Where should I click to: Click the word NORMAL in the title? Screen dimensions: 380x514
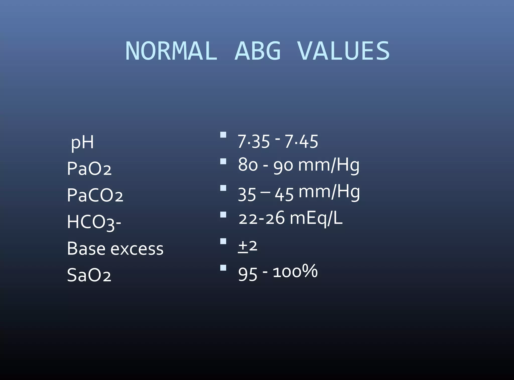171,51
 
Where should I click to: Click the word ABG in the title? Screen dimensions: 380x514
258,51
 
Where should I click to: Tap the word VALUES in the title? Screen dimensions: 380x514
343,51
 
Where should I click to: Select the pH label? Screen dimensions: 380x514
82,143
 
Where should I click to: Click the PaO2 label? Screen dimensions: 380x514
89,168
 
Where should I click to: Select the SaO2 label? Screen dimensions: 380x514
89,275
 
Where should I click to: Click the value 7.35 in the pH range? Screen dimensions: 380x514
253,141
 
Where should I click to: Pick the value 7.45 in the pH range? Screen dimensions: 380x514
301,141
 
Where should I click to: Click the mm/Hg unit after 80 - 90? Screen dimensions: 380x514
329,165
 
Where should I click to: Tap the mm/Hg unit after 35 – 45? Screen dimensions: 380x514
329,192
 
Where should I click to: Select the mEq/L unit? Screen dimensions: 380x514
316,218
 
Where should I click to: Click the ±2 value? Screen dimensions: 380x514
247,246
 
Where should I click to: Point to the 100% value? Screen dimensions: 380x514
295,272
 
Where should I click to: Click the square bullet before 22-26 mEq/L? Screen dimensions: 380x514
223,215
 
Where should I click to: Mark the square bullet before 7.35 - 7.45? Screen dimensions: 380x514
223,135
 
